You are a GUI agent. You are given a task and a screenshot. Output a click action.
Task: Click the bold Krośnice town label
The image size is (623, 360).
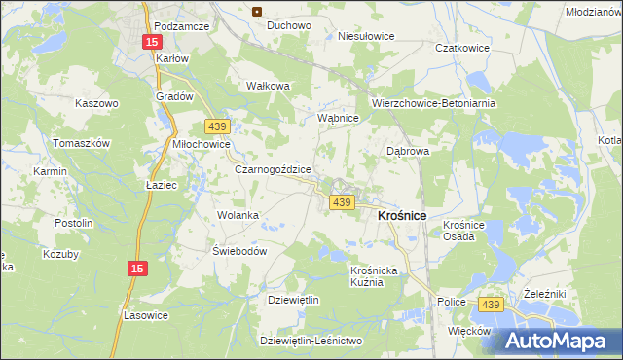click(403, 215)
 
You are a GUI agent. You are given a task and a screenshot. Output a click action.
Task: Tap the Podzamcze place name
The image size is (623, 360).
click(182, 26)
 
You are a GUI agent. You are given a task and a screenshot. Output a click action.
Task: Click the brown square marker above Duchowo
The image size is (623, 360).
click(257, 12)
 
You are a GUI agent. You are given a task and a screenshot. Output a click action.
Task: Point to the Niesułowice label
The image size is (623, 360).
click(365, 36)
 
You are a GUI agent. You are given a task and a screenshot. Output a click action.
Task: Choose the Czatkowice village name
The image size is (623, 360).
click(460, 47)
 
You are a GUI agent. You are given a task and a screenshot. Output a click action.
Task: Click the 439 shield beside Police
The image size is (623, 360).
click(490, 305)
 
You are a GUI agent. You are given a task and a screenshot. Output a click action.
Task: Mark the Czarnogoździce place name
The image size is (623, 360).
click(273, 169)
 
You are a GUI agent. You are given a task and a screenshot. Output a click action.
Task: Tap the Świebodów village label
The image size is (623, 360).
click(239, 250)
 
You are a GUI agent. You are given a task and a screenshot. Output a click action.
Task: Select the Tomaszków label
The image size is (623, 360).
click(82, 143)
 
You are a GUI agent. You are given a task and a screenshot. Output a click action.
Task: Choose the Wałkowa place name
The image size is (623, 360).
click(270, 86)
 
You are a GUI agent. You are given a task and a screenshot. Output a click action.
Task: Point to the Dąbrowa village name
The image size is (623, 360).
click(408, 152)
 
